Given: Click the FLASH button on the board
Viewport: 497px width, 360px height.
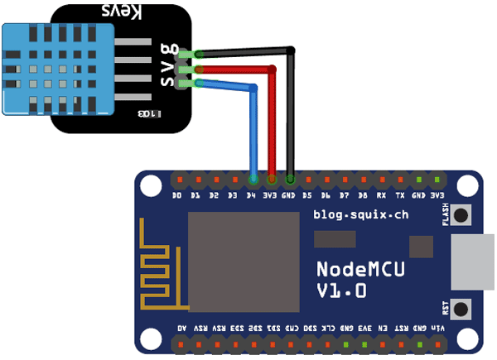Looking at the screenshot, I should coord(461,215).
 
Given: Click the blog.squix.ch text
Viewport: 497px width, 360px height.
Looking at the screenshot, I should coord(360,214).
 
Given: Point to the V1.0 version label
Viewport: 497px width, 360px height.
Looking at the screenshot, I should coord(342,291).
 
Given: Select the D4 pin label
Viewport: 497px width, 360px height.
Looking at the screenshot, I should coord(252,196).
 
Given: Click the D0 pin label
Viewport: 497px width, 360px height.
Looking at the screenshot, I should coord(176,196).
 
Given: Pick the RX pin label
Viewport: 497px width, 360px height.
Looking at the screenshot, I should coord(381,196).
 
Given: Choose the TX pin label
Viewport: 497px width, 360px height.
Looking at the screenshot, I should coord(400,196).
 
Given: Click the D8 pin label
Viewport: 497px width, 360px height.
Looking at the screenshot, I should coord(362,196).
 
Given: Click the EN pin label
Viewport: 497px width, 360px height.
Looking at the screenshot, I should coord(382,328).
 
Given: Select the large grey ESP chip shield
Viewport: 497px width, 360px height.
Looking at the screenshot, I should coord(244,261).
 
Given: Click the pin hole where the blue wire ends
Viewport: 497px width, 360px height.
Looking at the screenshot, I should coord(253,179).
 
